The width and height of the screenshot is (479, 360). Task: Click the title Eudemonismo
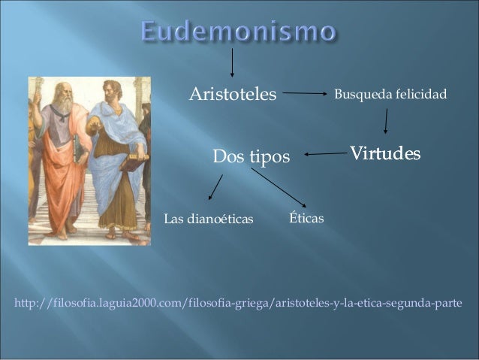tap(238, 32)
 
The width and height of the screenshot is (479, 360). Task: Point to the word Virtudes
tap(384, 154)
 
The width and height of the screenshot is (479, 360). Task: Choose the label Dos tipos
tap(252, 157)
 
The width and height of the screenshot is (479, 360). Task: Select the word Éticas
tap(306, 218)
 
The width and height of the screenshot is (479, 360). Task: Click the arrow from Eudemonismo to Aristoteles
tap(232, 63)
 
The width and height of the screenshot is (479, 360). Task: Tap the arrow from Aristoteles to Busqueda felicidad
tap(305, 94)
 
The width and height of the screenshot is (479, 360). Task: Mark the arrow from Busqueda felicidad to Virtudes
tap(386, 121)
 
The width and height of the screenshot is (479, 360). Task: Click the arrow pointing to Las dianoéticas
tap(215, 187)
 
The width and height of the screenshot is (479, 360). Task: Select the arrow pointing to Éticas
tap(279, 187)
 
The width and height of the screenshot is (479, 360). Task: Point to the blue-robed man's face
tap(113, 93)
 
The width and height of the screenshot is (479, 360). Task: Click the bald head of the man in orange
tap(62, 86)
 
